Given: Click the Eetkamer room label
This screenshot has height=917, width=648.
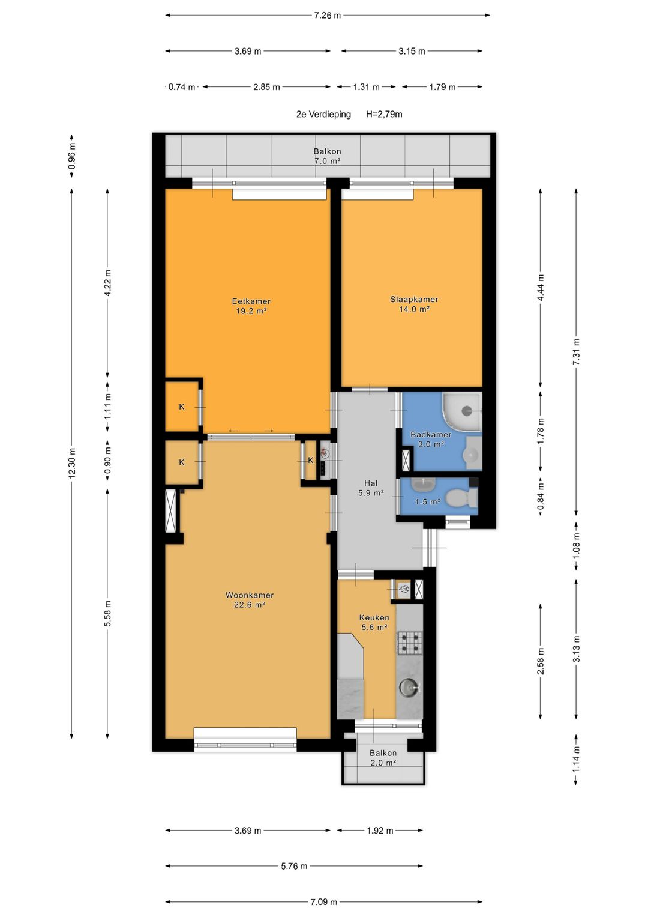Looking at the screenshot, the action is (251, 301).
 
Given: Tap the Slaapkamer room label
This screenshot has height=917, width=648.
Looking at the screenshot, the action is (414, 300).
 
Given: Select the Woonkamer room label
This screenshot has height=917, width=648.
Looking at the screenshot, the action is (250, 595).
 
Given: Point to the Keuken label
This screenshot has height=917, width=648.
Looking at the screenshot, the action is (374, 617).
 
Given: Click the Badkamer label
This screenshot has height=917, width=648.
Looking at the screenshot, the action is (431, 434).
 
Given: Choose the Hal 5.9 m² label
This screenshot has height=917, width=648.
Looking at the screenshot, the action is (371, 488).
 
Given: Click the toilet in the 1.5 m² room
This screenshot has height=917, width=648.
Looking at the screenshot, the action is (461, 498).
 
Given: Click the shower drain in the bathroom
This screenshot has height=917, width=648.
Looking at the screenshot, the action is (466, 410).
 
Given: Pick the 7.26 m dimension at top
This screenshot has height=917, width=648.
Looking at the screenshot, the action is (327, 16).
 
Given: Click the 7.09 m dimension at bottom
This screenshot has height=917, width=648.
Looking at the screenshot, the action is (323, 901).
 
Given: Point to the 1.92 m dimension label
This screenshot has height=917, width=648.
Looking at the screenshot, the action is (380, 830).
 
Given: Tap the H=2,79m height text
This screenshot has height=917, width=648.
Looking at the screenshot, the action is (384, 114).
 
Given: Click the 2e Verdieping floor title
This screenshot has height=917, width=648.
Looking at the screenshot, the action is (323, 114).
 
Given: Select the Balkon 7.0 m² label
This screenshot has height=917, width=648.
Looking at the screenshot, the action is (327, 156).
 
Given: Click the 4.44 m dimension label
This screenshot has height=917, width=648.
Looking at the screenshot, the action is (541, 288).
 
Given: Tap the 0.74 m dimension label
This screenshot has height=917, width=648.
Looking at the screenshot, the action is (182, 87).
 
